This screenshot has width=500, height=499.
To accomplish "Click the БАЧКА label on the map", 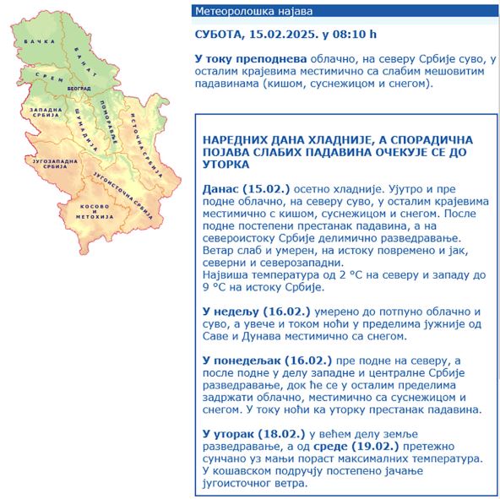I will (35, 41).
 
